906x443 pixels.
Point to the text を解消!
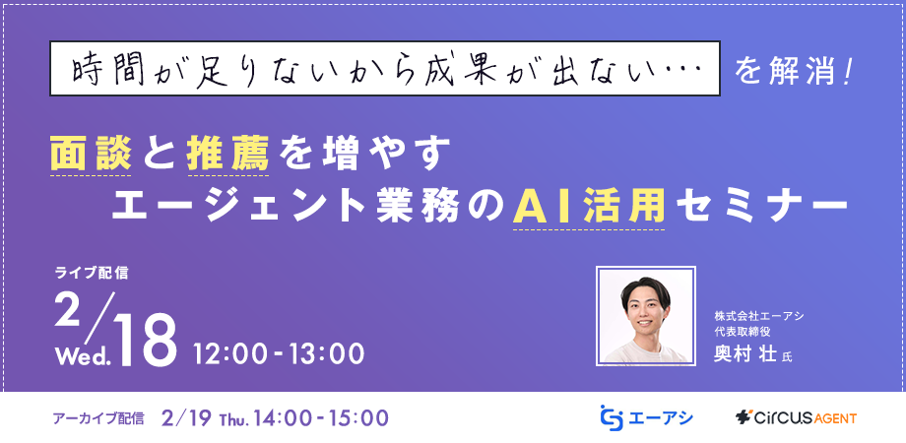(x=793, y=70)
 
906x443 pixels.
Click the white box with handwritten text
(x=385, y=69)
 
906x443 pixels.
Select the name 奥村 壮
(x=744, y=354)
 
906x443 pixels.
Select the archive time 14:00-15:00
(x=319, y=417)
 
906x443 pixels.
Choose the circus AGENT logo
(x=796, y=417)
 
